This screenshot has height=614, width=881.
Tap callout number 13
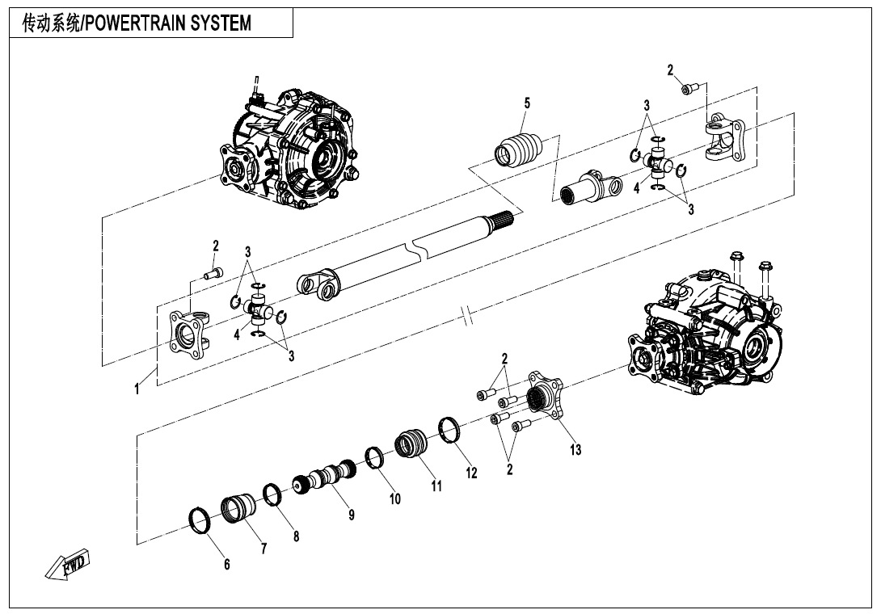click(x=575, y=450)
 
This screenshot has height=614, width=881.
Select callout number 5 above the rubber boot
click(x=527, y=103)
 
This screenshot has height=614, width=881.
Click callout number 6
click(x=226, y=565)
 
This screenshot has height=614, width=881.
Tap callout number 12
click(x=471, y=473)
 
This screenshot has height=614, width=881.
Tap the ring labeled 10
click(x=374, y=457)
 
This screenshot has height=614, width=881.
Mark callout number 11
click(x=436, y=486)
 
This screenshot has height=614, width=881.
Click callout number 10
click(x=395, y=499)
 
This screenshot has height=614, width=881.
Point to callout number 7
click(x=263, y=548)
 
